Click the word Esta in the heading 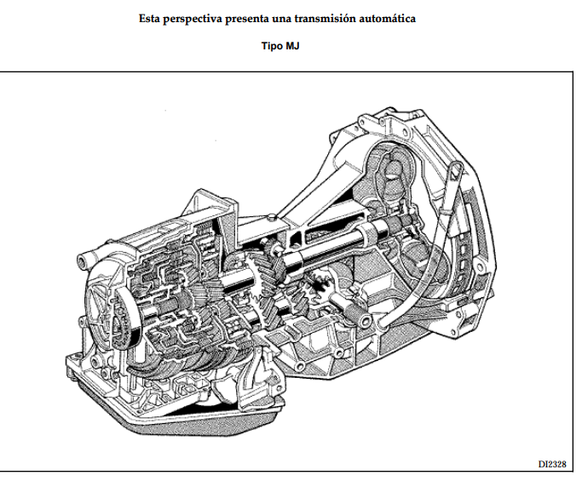pos(149,19)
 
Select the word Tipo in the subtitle pos(272,46)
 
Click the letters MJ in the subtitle pos(292,46)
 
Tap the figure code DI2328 pos(552,464)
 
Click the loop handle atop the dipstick pos(455,171)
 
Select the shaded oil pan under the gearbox pos(178,415)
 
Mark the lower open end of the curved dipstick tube pos(383,327)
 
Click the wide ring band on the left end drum pos(128,315)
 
